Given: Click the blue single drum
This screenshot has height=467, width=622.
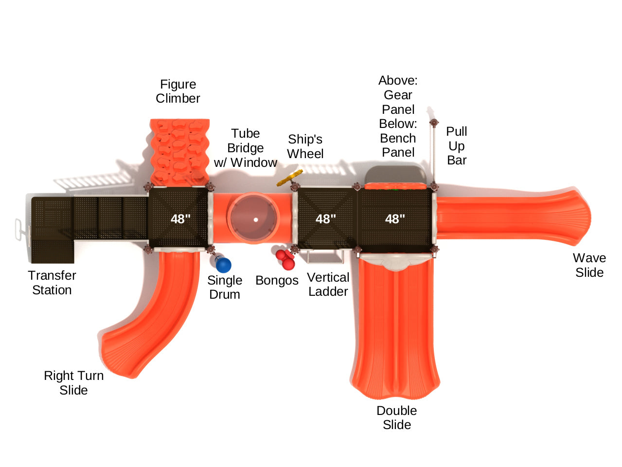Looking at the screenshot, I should click(223, 264).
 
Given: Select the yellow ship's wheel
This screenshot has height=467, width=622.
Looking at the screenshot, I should click(289, 178).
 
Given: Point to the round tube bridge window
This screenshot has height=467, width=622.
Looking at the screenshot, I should click(254, 217).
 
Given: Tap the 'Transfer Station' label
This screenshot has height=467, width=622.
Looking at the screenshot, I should click(52, 283).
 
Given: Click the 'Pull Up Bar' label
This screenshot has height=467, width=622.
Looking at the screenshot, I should click(457, 145).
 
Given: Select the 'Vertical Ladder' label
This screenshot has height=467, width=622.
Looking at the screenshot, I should click(328, 284).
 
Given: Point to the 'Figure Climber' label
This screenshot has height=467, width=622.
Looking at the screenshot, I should click(178, 91).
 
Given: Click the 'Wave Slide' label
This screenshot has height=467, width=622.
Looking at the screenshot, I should click(589, 265).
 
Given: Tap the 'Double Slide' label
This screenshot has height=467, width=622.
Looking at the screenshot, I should click(397, 417).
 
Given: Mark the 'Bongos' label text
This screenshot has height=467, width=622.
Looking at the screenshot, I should click(277, 280).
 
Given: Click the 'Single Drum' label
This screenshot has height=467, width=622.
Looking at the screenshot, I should click(225, 287).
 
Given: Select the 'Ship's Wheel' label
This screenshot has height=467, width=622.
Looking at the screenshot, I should click(305, 146).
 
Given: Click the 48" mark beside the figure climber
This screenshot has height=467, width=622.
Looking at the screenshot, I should click(180, 219).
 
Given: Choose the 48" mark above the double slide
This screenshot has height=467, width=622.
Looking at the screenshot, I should click(395, 219).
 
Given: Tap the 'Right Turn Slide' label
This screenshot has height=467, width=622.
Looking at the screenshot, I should click(73, 383).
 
